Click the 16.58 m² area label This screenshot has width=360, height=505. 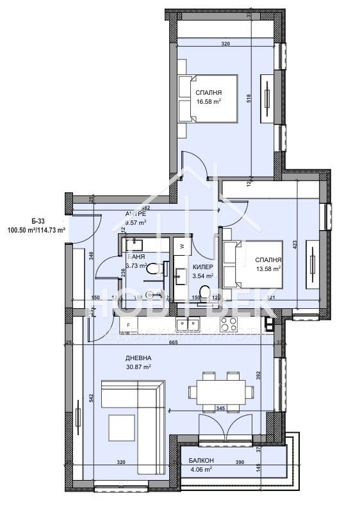209,101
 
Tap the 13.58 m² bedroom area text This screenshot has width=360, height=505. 268,269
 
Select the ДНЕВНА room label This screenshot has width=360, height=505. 138,358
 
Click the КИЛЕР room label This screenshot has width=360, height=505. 202,267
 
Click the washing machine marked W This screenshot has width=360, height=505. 182,245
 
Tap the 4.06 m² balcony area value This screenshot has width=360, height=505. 201,469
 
